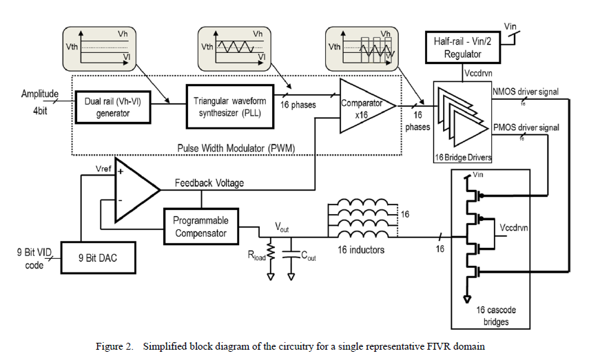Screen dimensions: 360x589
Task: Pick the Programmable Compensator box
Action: click(x=200, y=226)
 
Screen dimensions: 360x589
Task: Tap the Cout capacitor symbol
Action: click(x=291, y=252)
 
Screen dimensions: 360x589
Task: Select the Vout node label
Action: click(x=282, y=226)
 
